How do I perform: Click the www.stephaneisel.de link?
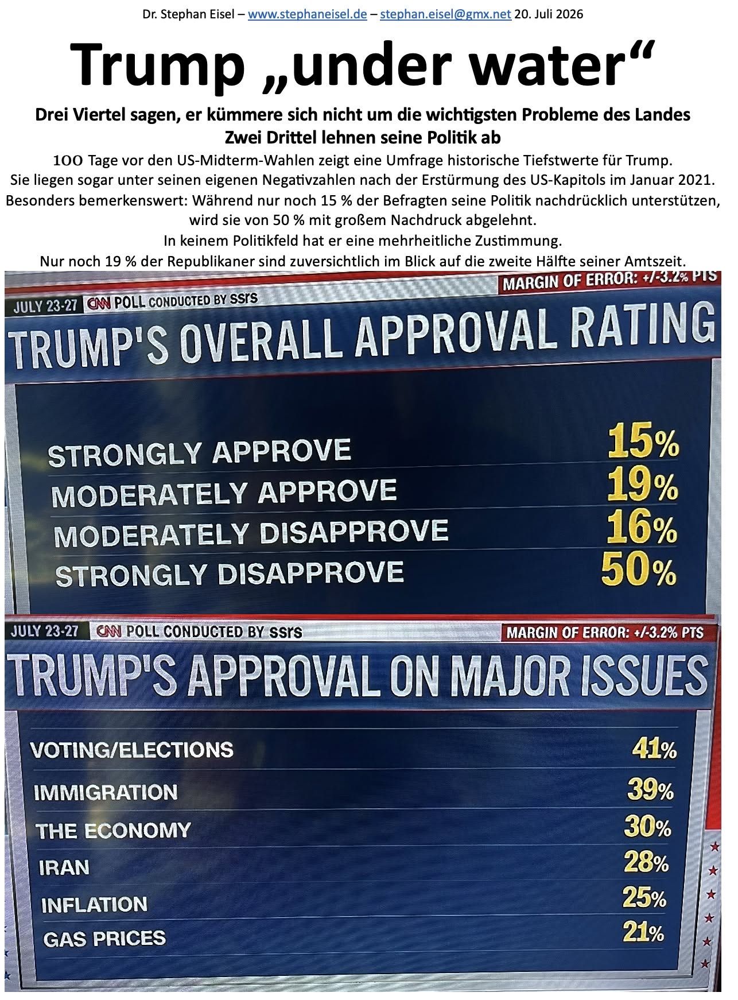(x=307, y=14)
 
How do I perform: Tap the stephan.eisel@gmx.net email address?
(x=445, y=14)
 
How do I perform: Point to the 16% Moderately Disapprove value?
(x=642, y=528)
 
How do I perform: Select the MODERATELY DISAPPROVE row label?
(x=251, y=532)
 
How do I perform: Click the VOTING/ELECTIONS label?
(x=132, y=750)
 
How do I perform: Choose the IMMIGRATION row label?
(x=106, y=793)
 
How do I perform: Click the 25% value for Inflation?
(x=644, y=898)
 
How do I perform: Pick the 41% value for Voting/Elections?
(x=655, y=749)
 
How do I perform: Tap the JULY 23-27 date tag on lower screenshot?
(x=45, y=631)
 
